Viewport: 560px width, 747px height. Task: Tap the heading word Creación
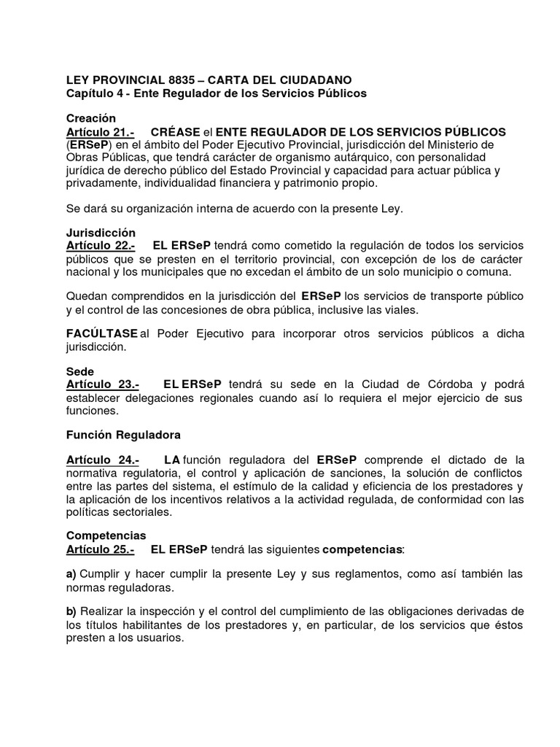pos(91,118)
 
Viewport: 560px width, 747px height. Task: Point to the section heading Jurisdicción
pos(101,232)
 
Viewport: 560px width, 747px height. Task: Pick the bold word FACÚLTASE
pos(102,333)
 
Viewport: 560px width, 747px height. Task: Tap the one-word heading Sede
pos(80,371)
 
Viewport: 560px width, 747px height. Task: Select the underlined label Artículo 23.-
pos(103,384)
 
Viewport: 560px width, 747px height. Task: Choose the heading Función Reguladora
pos(123,435)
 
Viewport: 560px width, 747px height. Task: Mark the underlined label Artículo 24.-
pos(103,460)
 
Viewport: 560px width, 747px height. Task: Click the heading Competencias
pos(106,535)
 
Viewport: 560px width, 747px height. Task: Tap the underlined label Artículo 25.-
pos(101,549)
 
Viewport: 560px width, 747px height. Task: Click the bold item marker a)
pos(71,574)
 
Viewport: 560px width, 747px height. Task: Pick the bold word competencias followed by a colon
pos(362,549)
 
